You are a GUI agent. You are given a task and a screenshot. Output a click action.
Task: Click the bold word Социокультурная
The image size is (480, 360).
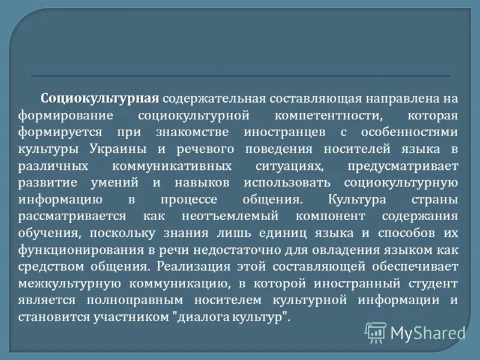[100, 98]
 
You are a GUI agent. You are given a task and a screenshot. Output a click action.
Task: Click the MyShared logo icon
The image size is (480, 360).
[376, 331]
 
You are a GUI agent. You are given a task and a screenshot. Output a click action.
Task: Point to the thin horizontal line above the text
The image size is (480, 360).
[240, 76]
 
